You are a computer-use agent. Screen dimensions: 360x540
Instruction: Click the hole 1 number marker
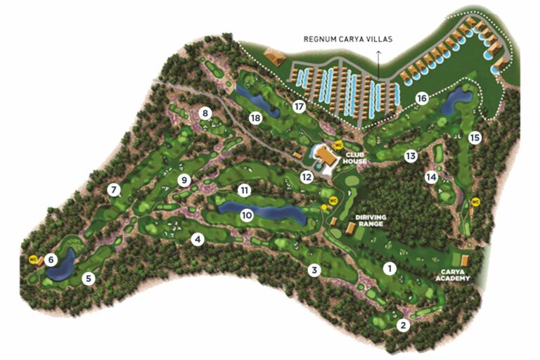(x=389, y=267)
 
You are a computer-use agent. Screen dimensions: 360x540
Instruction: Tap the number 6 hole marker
(x=51, y=259)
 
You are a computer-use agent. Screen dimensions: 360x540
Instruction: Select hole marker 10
(x=246, y=215)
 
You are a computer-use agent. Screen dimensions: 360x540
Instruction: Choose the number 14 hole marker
(x=431, y=177)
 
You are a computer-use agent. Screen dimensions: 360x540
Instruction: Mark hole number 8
(x=205, y=112)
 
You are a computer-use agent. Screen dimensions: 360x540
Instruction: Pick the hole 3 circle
(x=316, y=269)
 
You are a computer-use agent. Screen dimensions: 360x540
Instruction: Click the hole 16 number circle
(x=422, y=98)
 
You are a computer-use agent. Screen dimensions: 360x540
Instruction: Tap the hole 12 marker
(x=307, y=176)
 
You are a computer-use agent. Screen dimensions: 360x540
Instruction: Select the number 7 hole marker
(x=112, y=189)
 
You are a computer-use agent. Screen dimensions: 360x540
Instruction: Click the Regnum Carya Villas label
(x=349, y=39)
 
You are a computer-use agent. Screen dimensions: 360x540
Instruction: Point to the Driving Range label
(x=371, y=222)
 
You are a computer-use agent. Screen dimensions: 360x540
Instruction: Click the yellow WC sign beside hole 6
(x=33, y=259)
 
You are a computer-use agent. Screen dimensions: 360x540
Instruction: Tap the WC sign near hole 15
(x=475, y=202)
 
